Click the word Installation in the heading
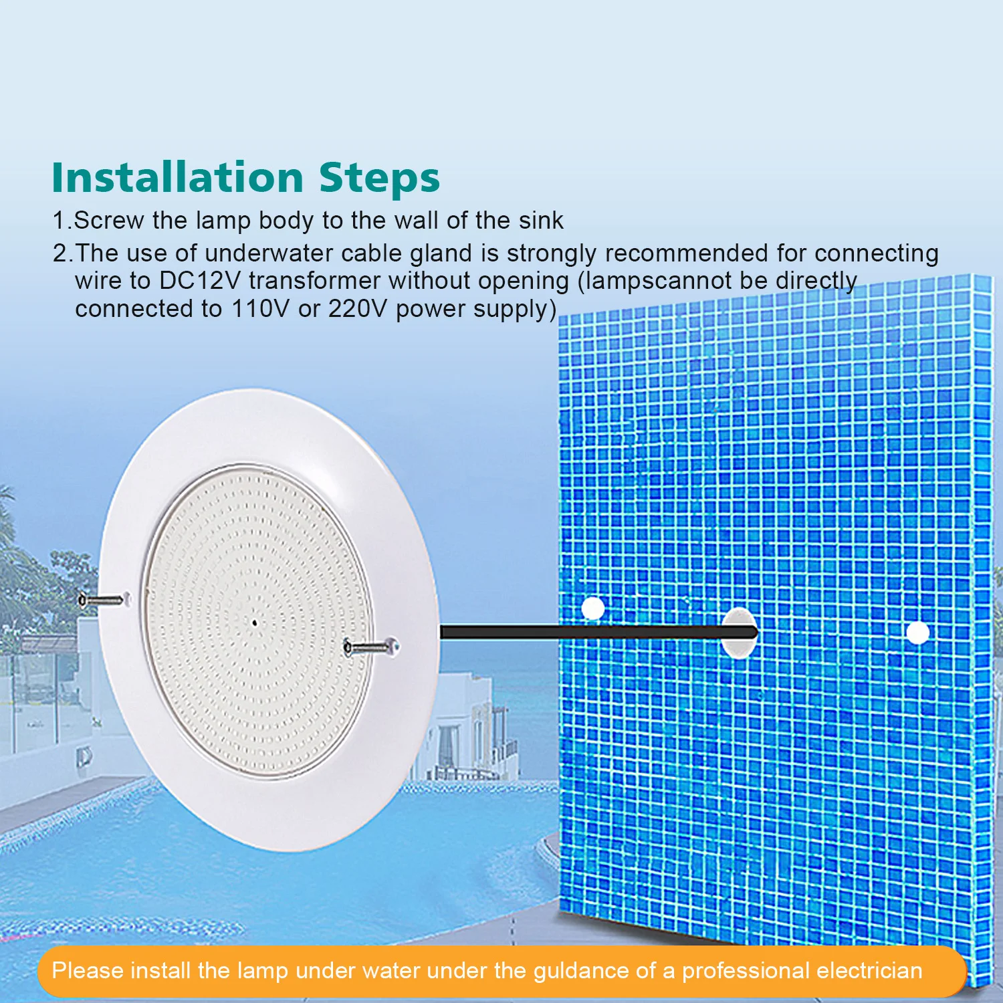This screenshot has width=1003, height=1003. pyautogui.click(x=178, y=177)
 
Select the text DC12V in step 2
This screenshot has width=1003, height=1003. pyautogui.click(x=199, y=280)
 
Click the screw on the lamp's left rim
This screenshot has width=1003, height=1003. pyautogui.click(x=102, y=600)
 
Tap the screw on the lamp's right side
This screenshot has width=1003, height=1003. pyautogui.click(x=370, y=646)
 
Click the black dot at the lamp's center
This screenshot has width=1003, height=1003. pyautogui.click(x=255, y=623)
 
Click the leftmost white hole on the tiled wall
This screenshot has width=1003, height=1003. pyautogui.click(x=592, y=608)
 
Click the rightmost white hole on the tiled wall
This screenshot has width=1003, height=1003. pyautogui.click(x=917, y=633)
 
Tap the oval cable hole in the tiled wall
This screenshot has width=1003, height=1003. pyautogui.click(x=739, y=633)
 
